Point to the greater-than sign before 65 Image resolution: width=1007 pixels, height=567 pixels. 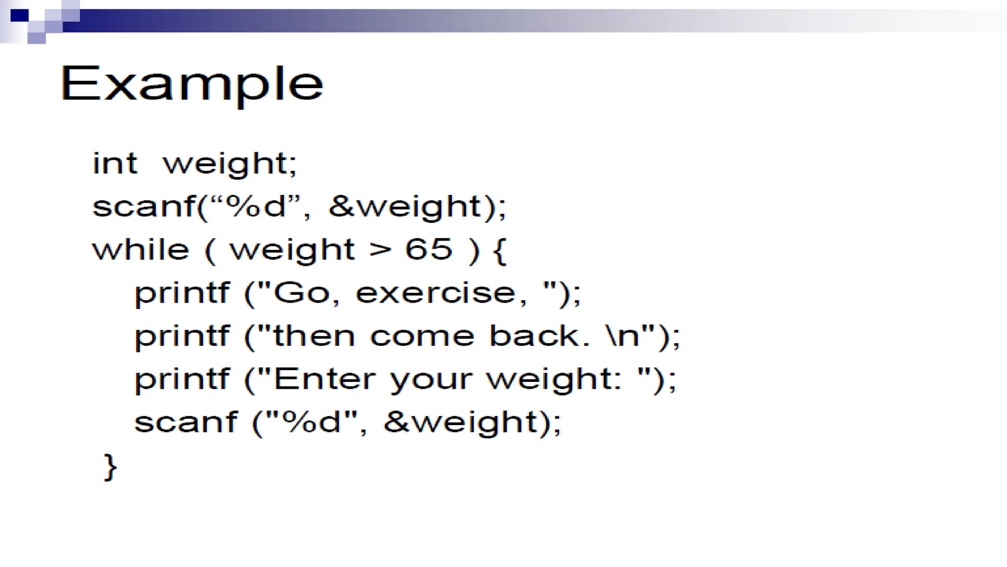(381, 250)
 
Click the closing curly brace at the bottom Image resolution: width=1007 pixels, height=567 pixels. (111, 466)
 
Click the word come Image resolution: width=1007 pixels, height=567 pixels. (422, 336)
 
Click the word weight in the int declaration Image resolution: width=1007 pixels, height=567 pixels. (229, 164)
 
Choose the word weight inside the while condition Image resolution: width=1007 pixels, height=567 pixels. (292, 250)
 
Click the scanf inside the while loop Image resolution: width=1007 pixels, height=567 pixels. (185, 422)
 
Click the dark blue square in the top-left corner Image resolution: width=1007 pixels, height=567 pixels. (20, 16)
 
